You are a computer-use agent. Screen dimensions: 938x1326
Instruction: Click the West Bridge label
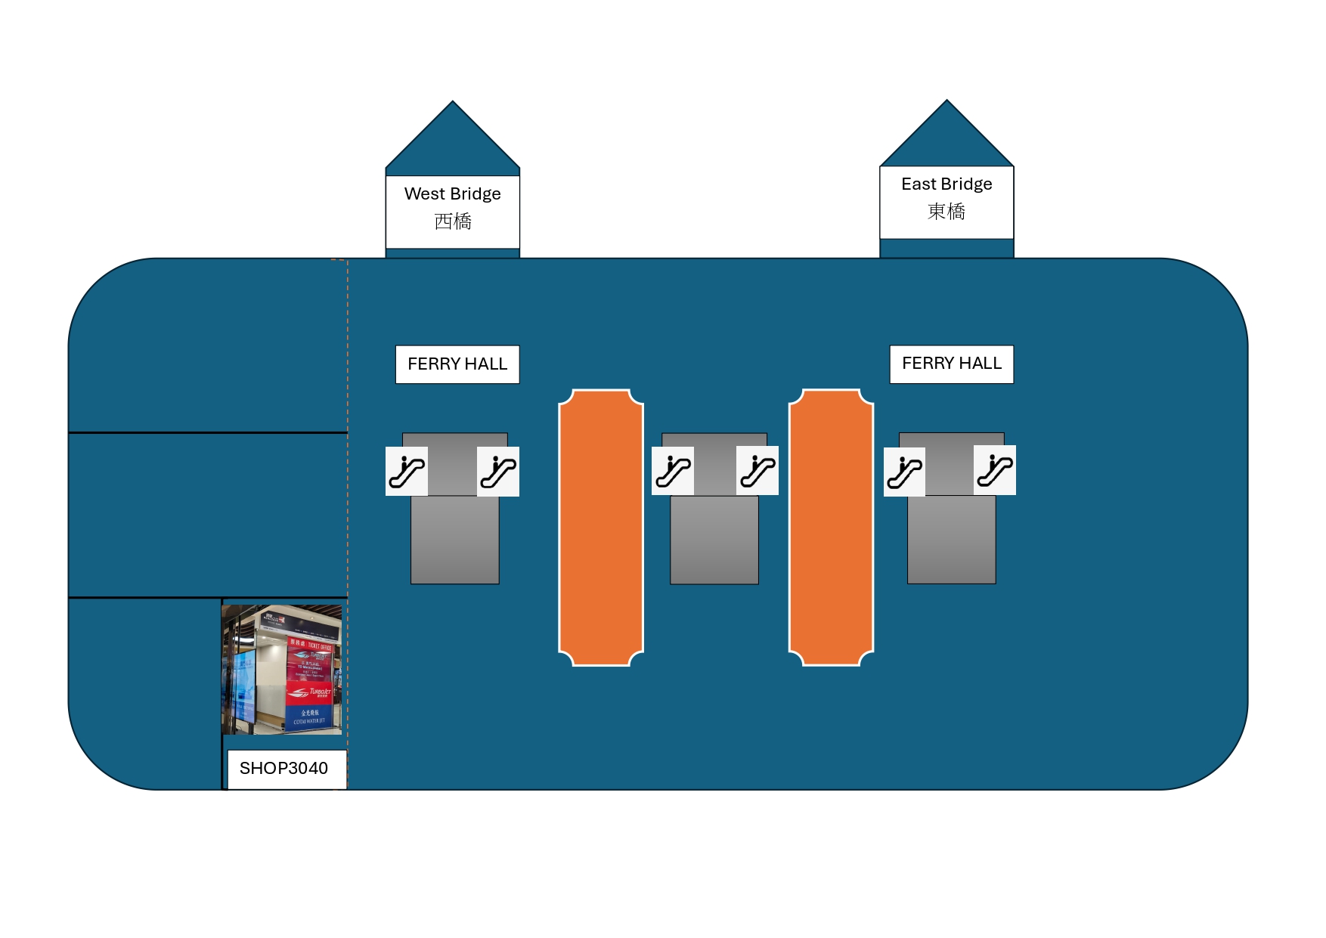(x=452, y=194)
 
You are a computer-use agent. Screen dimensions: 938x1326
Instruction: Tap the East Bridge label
(x=946, y=184)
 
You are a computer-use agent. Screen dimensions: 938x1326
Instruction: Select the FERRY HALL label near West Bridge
(x=457, y=364)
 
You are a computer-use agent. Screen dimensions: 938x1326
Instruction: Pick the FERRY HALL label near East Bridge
(x=951, y=364)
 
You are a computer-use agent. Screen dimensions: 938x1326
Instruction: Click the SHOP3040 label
(x=284, y=769)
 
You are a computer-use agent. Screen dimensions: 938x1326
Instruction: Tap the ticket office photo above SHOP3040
(x=281, y=670)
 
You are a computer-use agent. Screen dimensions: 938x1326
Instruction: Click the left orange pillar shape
(x=601, y=528)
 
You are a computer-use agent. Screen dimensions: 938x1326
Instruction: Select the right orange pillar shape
(x=831, y=528)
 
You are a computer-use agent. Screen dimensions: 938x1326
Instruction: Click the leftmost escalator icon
(x=407, y=472)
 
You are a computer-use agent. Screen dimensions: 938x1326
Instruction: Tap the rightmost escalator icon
(x=995, y=471)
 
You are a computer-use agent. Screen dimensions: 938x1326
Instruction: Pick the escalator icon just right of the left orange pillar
(x=673, y=471)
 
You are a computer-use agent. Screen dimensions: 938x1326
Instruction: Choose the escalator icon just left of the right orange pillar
(x=757, y=471)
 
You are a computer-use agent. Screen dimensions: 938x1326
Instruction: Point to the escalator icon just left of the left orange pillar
(x=498, y=472)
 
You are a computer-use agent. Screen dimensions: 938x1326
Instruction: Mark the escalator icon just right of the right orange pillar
(x=904, y=472)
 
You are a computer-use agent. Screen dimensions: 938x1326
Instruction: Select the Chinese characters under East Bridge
(x=946, y=212)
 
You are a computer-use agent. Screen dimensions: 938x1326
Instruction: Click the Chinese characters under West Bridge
(x=453, y=221)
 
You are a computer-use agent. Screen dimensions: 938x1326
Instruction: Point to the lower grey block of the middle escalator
(x=714, y=540)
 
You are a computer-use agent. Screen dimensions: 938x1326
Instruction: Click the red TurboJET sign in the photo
(x=309, y=692)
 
